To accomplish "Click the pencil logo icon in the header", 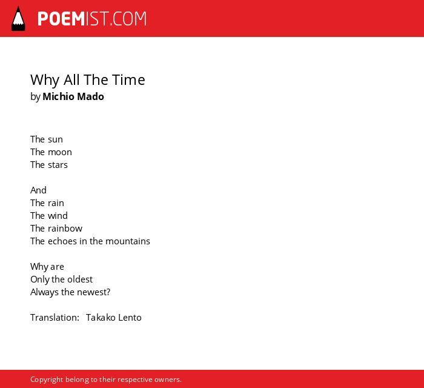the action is click(x=18, y=19).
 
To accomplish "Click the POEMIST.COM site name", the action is click(x=92, y=19).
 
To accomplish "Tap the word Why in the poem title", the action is click(x=45, y=80).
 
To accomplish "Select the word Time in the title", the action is click(x=128, y=80).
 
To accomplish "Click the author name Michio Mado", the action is click(x=73, y=96).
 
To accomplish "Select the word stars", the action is click(x=58, y=165).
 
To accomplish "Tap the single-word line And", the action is click(x=38, y=190).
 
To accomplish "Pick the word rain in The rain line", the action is click(x=56, y=203).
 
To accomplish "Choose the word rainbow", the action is click(x=65, y=229).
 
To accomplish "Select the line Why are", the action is click(x=47, y=267).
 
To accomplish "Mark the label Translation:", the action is click(x=55, y=318).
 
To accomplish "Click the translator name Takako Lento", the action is click(x=114, y=318).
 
